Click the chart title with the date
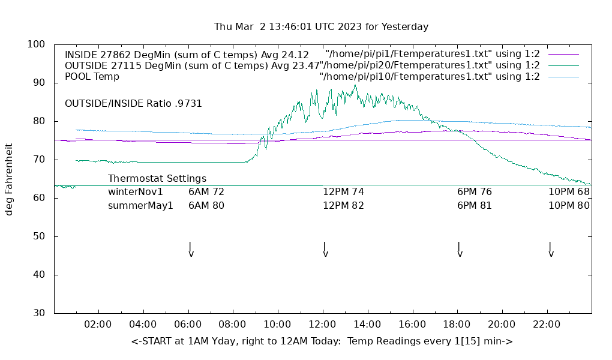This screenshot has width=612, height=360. (x=321, y=27)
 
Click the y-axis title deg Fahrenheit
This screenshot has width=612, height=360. (x=9, y=179)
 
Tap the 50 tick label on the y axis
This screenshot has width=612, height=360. (x=40, y=236)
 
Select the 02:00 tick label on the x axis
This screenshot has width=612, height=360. (x=98, y=325)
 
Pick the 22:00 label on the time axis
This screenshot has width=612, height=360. (x=547, y=325)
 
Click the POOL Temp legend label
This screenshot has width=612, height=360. (x=92, y=77)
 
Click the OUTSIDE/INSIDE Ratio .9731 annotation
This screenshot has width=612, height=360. (x=133, y=104)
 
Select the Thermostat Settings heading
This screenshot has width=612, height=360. (x=157, y=179)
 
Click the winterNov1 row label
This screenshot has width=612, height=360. (x=136, y=192)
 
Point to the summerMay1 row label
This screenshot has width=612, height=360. (x=140, y=205)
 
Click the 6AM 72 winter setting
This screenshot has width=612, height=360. (x=206, y=192)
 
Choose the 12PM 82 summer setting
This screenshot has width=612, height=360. (x=344, y=205)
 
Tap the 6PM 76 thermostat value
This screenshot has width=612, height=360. (x=475, y=192)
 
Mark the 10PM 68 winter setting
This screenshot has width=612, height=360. (x=569, y=192)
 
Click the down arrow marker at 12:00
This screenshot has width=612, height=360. (x=325, y=250)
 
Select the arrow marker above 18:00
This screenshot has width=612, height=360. (x=460, y=250)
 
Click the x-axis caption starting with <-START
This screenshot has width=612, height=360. (x=322, y=341)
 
